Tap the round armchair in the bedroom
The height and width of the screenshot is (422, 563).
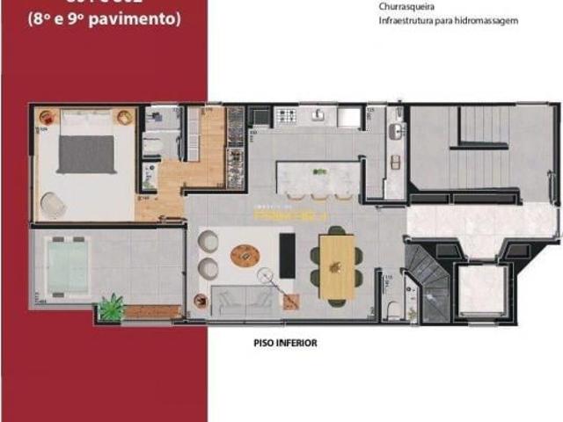click(x=54, y=204)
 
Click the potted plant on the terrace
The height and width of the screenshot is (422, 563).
click(x=112, y=307)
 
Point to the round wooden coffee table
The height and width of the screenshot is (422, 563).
click(x=245, y=256)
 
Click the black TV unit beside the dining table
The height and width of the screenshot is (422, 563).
click(x=287, y=255)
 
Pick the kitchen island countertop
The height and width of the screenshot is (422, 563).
click(x=318, y=172)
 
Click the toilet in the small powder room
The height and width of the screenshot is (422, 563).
click(x=394, y=309)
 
